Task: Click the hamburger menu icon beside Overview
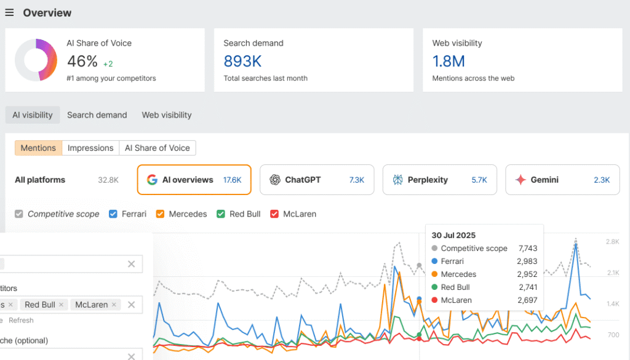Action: pyautogui.click(x=9, y=13)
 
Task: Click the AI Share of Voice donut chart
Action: pyautogui.click(x=36, y=60)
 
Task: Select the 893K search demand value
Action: pyautogui.click(x=242, y=61)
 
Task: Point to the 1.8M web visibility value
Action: pyautogui.click(x=449, y=61)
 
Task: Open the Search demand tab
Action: pyautogui.click(x=97, y=115)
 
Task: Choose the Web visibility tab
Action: pyautogui.click(x=167, y=115)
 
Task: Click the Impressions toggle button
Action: pyautogui.click(x=90, y=148)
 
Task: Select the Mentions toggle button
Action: pyautogui.click(x=38, y=148)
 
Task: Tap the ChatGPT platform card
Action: pyautogui.click(x=317, y=180)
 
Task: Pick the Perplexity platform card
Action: pyautogui.click(x=440, y=180)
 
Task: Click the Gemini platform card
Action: pyautogui.click(x=563, y=180)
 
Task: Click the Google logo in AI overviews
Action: pyautogui.click(x=152, y=180)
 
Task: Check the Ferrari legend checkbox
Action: pyautogui.click(x=113, y=214)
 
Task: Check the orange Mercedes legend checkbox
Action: pyautogui.click(x=160, y=214)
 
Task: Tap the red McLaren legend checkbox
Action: pyautogui.click(x=274, y=214)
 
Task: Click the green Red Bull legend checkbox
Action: pyautogui.click(x=220, y=214)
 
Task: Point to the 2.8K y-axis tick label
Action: pyautogui.click(x=612, y=242)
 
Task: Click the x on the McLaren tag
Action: pyautogui.click(x=114, y=305)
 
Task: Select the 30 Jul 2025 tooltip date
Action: pyautogui.click(x=454, y=235)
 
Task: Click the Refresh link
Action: pyautogui.click(x=21, y=321)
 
